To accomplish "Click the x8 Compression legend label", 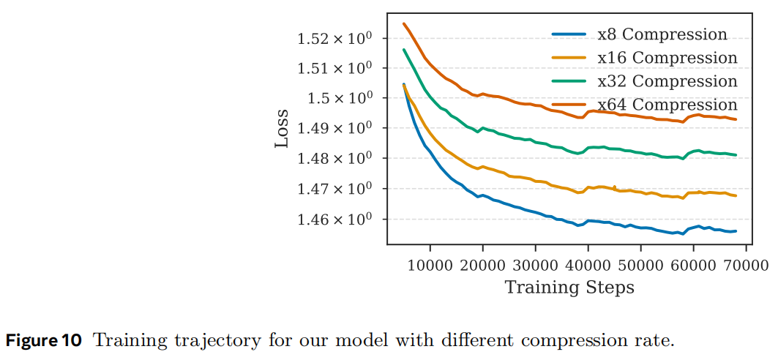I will point(662,34).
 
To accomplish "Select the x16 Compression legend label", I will point(667,58).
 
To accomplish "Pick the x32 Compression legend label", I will point(667,81).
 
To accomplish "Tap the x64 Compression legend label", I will point(667,105).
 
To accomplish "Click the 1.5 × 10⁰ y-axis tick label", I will point(342,98).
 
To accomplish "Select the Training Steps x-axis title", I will point(569,287).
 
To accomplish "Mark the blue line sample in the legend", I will point(569,34).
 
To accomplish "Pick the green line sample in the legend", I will point(569,81).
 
